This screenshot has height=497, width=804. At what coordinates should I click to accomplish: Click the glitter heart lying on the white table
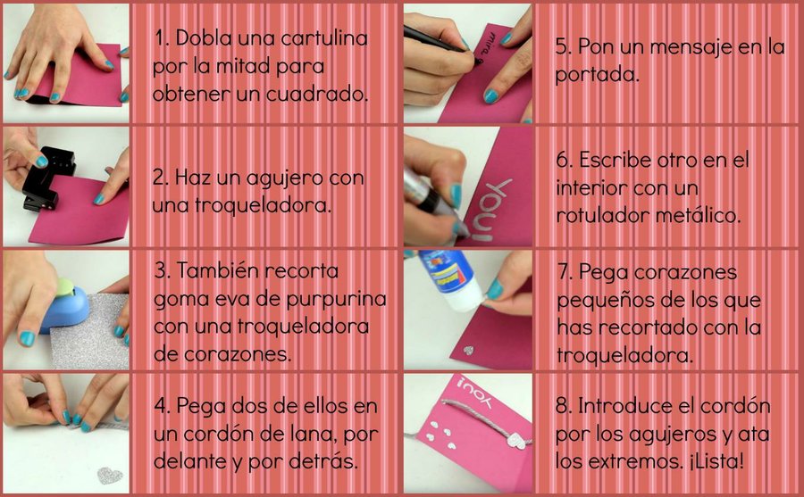pyautogui.click(x=110, y=475)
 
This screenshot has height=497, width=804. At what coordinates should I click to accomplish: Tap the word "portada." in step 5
pyautogui.click(x=597, y=76)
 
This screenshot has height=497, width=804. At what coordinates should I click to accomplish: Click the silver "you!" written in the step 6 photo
pyautogui.click(x=491, y=209)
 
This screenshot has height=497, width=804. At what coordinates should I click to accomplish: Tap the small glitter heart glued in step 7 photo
pyautogui.click(x=467, y=351)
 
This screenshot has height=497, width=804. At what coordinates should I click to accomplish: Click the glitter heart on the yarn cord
pyautogui.click(x=517, y=441)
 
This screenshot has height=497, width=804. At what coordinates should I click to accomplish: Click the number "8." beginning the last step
pyautogui.click(x=564, y=406)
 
